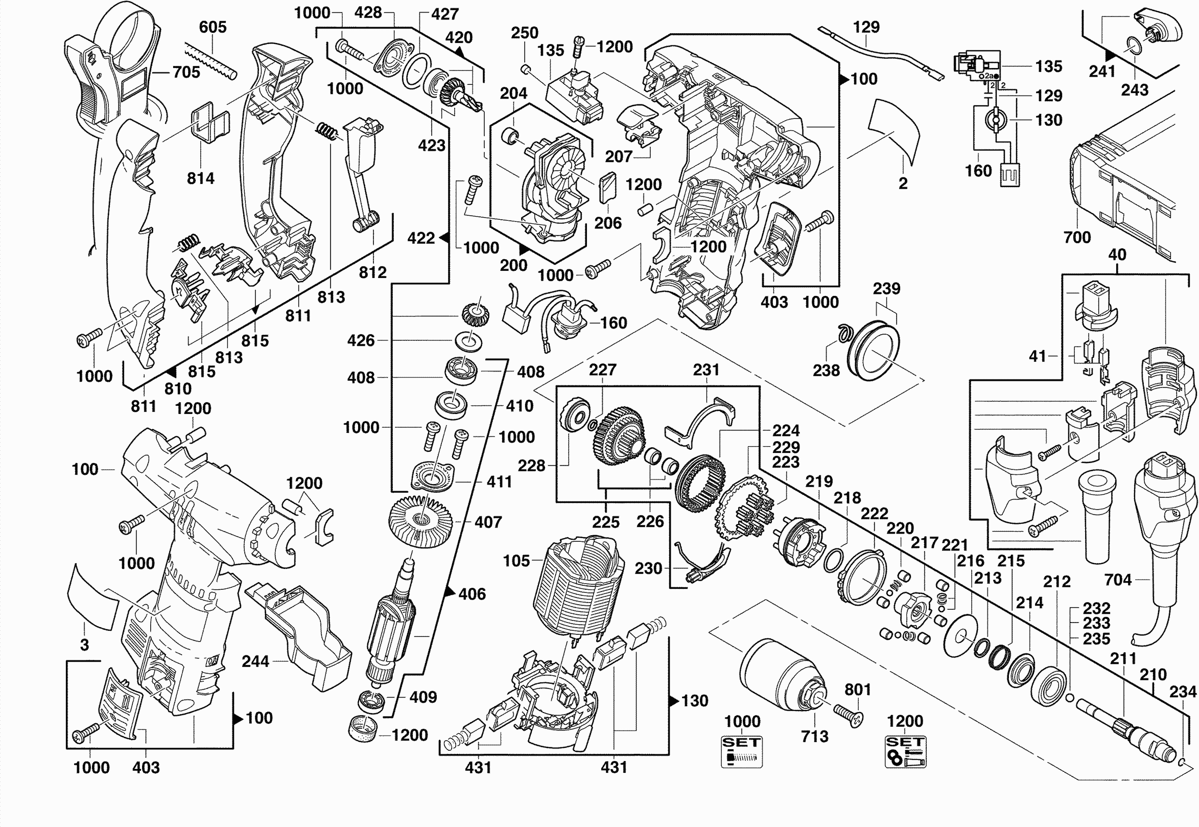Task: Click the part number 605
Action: point(213,27)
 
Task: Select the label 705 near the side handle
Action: point(186,72)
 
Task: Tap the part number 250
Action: point(524,33)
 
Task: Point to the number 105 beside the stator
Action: point(516,561)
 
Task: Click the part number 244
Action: point(255,661)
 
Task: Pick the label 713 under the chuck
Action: point(815,737)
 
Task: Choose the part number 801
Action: point(858,690)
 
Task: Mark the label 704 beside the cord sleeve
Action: point(1118,580)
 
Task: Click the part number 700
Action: point(1077,237)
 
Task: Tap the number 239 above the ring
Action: point(886,289)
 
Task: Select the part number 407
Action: point(488,522)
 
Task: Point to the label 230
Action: point(648,568)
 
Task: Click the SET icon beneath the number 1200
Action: point(905,752)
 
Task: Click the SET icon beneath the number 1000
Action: point(742,752)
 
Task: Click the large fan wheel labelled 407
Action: point(420,520)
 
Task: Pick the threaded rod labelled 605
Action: point(211,61)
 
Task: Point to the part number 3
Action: point(84,645)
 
